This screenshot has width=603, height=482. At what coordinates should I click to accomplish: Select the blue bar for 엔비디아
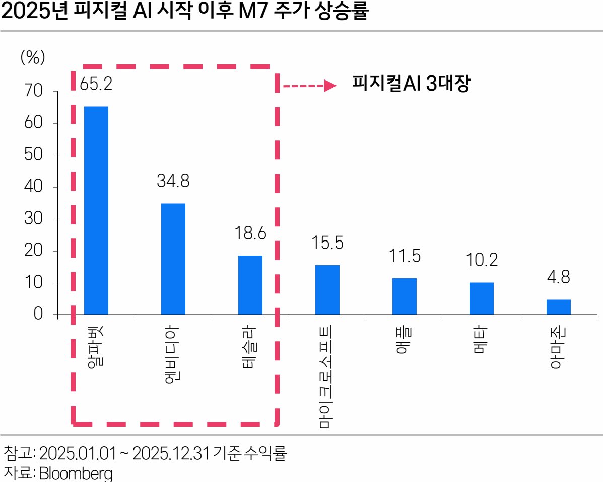pos(173,259)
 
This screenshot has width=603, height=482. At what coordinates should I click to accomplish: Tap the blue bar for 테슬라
pos(250,285)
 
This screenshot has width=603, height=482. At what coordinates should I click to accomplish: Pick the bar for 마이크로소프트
pos(327,290)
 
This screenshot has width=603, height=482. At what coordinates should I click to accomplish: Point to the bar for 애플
pos(404,296)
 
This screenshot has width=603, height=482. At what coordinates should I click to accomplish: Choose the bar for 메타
pos(481,298)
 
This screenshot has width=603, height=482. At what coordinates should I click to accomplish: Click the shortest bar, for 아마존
pos(558,307)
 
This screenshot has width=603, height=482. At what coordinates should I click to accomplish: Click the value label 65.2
pos(96,83)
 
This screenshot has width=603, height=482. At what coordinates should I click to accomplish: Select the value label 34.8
pos(173,181)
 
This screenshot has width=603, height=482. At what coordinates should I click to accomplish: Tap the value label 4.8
pos(558,278)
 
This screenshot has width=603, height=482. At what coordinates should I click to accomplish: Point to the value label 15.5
pos(327,243)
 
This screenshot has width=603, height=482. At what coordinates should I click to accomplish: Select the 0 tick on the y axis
pos(38,315)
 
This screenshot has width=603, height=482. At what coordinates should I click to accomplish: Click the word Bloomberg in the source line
pos(76,474)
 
